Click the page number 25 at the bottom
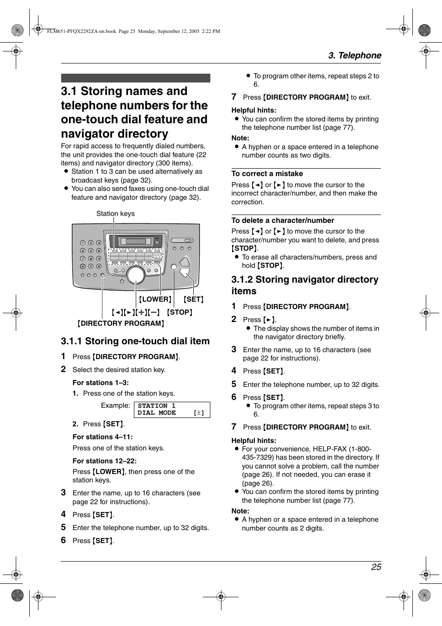coord(376,567)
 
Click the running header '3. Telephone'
coord(354,56)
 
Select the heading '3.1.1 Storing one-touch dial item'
coord(135,341)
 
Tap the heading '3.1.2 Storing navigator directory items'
coord(304,285)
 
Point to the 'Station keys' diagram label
coord(115,214)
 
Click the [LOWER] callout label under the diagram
coord(155,299)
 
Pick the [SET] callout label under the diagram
coord(193,299)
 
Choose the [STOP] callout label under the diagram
coord(179,312)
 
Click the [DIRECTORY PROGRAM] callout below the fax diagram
coord(121,323)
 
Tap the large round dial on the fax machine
coord(136,275)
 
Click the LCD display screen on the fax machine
coord(136,241)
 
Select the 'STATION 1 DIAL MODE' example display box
coord(172,410)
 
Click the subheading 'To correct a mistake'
coord(267,174)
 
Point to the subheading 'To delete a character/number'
coord(283,221)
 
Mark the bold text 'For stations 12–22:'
coord(104,461)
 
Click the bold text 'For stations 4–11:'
coord(102,437)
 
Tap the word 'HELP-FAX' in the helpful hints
coord(329,449)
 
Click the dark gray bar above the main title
coord(135,78)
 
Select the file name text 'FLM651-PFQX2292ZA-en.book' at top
coord(82,32)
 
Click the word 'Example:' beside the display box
coord(115,405)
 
